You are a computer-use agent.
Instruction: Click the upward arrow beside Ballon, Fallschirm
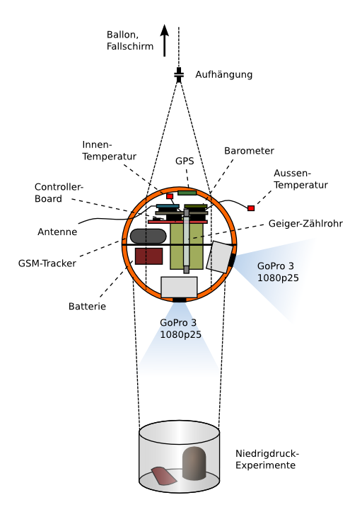tap(165, 40)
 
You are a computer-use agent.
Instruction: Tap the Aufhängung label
tap(224, 74)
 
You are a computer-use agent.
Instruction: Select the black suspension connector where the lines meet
tap(179, 75)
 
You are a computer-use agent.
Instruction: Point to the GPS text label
tap(185, 161)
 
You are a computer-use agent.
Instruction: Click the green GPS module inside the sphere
tap(187, 193)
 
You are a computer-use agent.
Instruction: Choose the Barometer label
tap(249, 151)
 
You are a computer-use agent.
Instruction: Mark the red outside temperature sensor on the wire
tap(251, 208)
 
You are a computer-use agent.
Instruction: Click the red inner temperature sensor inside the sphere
tap(170, 196)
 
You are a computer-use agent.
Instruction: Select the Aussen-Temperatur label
tap(300, 179)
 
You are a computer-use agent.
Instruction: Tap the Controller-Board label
tap(59, 193)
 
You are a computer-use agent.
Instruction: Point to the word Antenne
tap(57, 232)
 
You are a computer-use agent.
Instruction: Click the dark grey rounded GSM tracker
tap(148, 236)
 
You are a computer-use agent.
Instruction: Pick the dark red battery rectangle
tap(148, 256)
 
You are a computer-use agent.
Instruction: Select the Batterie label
tap(87, 307)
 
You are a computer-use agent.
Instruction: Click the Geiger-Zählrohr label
tap(305, 224)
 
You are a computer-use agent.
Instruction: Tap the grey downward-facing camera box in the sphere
tap(179, 287)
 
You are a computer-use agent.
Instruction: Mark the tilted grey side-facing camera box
tap(219, 257)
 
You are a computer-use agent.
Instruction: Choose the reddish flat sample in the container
tap(164, 476)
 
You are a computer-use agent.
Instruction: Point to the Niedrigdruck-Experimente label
tap(267, 460)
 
